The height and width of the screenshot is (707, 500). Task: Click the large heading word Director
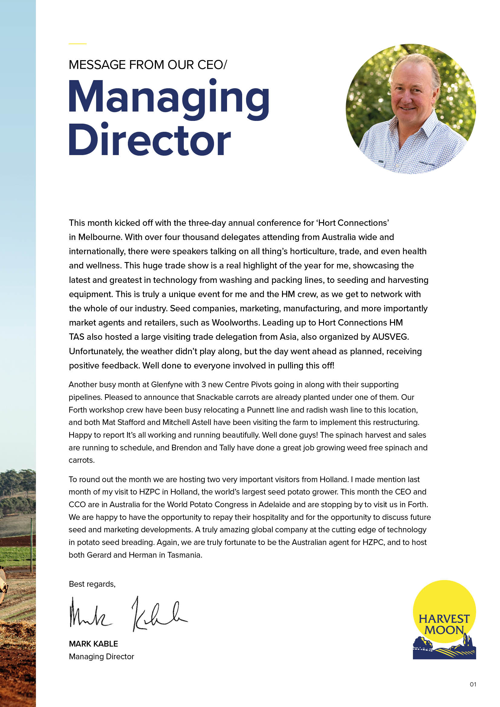pos(149,140)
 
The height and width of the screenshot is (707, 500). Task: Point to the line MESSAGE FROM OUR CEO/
pos(148,65)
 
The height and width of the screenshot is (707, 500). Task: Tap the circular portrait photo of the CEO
pos(411,109)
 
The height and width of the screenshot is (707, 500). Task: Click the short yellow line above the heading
pos(77,44)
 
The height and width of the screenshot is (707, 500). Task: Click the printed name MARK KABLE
pos(93,644)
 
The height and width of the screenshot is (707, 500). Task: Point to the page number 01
pos(473,684)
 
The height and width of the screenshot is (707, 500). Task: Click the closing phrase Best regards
pos(92,584)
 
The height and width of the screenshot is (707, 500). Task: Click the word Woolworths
pos(235,323)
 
